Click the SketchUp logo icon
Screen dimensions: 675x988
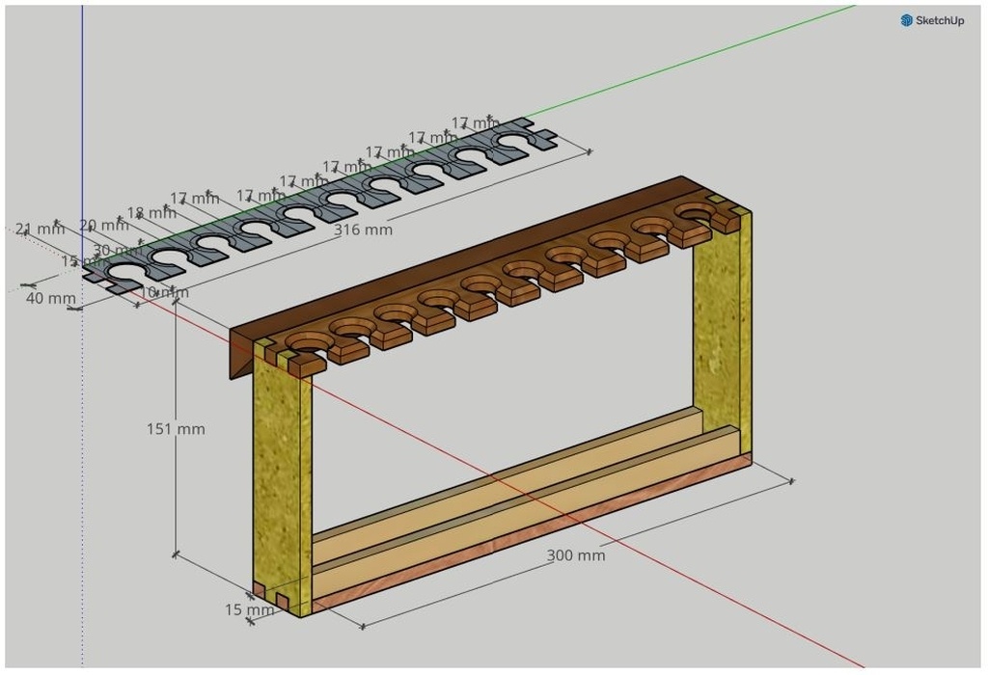(907, 20)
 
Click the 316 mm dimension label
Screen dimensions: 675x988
(363, 230)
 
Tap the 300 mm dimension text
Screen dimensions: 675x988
(576, 555)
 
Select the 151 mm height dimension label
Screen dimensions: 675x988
(176, 429)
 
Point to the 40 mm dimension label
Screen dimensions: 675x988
(50, 299)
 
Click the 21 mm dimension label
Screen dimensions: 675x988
(34, 229)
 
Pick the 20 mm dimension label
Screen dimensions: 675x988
(102, 226)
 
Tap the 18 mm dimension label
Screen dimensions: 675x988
(150, 213)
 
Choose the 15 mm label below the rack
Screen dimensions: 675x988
(249, 609)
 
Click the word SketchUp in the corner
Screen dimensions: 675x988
(940, 20)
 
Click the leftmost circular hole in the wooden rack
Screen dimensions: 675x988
(306, 342)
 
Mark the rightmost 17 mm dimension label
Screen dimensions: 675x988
(476, 123)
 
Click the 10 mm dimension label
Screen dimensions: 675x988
(164, 292)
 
